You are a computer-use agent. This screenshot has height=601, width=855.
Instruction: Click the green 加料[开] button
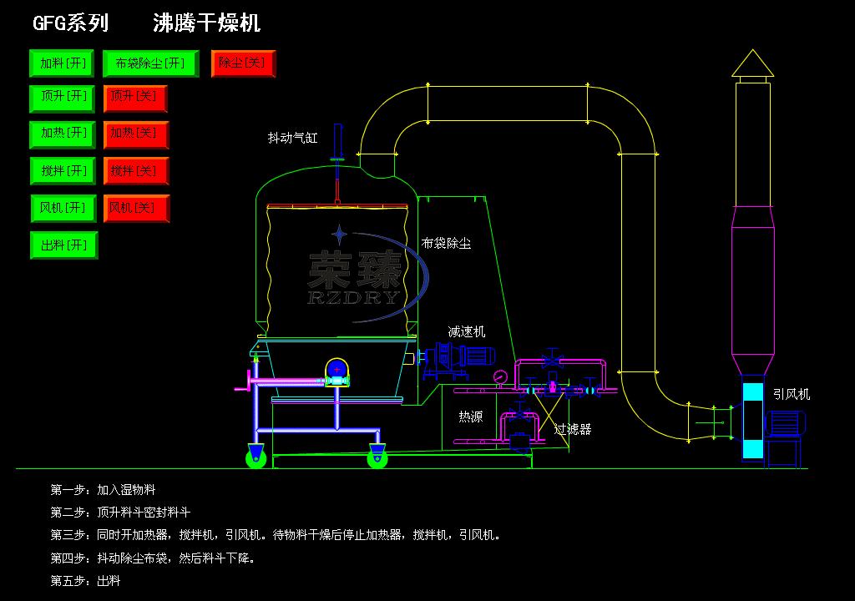tap(63, 63)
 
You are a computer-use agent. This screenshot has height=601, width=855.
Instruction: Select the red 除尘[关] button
tap(243, 63)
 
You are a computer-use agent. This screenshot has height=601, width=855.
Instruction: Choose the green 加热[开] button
tap(63, 134)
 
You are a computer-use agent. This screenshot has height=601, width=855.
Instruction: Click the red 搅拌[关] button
tap(135, 172)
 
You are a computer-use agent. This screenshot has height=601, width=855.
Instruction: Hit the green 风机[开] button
tap(63, 208)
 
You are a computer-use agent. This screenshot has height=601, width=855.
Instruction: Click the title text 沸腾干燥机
tap(207, 23)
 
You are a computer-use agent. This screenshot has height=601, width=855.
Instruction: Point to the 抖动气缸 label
tap(292, 138)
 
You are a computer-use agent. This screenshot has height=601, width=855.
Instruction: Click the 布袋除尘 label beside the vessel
tap(446, 243)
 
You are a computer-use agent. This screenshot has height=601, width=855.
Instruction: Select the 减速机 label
tap(466, 331)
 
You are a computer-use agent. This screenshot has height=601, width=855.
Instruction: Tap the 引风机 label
tap(791, 395)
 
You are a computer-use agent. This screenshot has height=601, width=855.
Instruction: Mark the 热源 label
tap(470, 417)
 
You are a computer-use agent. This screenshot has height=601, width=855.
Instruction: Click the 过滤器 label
tap(573, 429)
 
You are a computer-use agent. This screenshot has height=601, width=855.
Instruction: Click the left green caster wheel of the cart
tap(255, 456)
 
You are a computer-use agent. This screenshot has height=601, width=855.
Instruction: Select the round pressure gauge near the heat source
tap(500, 376)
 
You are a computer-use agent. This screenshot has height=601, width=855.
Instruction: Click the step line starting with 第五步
tap(86, 580)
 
